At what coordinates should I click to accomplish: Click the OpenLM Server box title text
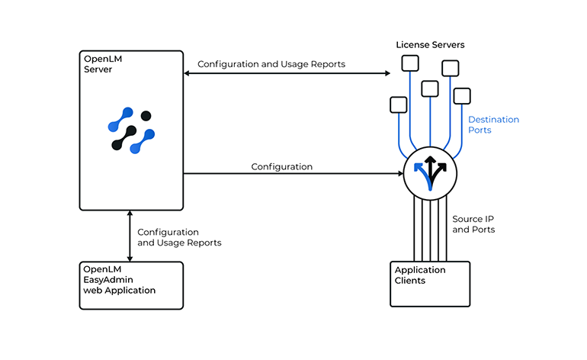(98, 64)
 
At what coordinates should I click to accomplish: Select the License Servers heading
(429, 45)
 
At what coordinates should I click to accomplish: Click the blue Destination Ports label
(492, 124)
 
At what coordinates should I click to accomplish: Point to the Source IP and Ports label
(473, 223)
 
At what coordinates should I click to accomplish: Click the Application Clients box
(429, 284)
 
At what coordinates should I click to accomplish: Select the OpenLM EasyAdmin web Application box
(131, 284)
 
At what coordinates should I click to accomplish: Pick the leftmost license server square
(398, 104)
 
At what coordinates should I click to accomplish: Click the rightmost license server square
(462, 96)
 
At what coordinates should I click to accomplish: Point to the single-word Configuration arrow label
(281, 166)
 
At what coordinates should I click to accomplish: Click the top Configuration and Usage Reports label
(271, 64)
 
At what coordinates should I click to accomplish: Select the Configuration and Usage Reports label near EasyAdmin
(179, 237)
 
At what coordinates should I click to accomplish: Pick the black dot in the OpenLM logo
(146, 116)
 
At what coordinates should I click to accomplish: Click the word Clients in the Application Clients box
(409, 281)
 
